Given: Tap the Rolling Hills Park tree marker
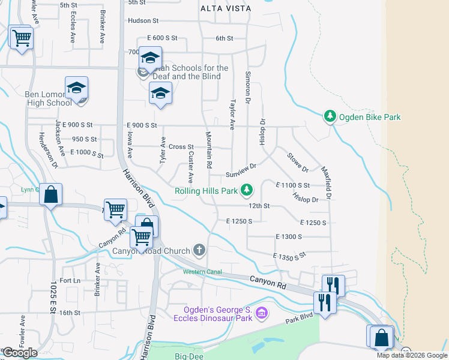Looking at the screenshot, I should (246, 191).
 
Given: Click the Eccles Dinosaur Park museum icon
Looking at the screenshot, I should (261, 313).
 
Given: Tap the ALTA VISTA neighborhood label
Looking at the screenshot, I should (226, 8).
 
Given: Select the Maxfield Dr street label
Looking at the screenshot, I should (328, 182).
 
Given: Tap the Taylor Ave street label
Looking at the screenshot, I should (232, 114).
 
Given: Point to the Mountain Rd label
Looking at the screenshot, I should (209, 149).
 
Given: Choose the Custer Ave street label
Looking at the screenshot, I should (190, 166).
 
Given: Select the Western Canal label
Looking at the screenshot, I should (202, 272).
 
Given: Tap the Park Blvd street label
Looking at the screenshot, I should (300, 317).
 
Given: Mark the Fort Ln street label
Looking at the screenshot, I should (70, 281).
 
